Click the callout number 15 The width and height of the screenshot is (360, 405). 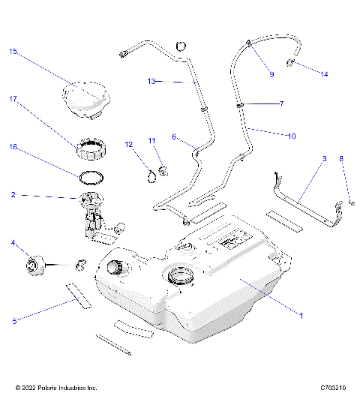[x=13, y=52]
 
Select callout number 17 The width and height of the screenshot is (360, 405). [x=13, y=98]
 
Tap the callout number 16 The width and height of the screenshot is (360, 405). [x=13, y=148]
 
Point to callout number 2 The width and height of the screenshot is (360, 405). [x=13, y=195]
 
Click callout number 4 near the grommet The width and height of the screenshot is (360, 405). [x=13, y=243]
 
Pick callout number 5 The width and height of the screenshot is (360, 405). [x=13, y=321]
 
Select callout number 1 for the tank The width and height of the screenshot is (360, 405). [x=301, y=316]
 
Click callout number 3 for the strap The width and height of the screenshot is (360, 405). [x=324, y=159]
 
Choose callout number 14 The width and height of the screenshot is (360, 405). [x=324, y=74]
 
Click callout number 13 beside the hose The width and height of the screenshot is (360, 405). [x=151, y=81]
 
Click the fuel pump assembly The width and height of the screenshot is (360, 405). [x=94, y=215]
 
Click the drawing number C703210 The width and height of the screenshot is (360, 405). [x=332, y=388]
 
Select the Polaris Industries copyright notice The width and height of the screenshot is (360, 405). [x=56, y=388]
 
